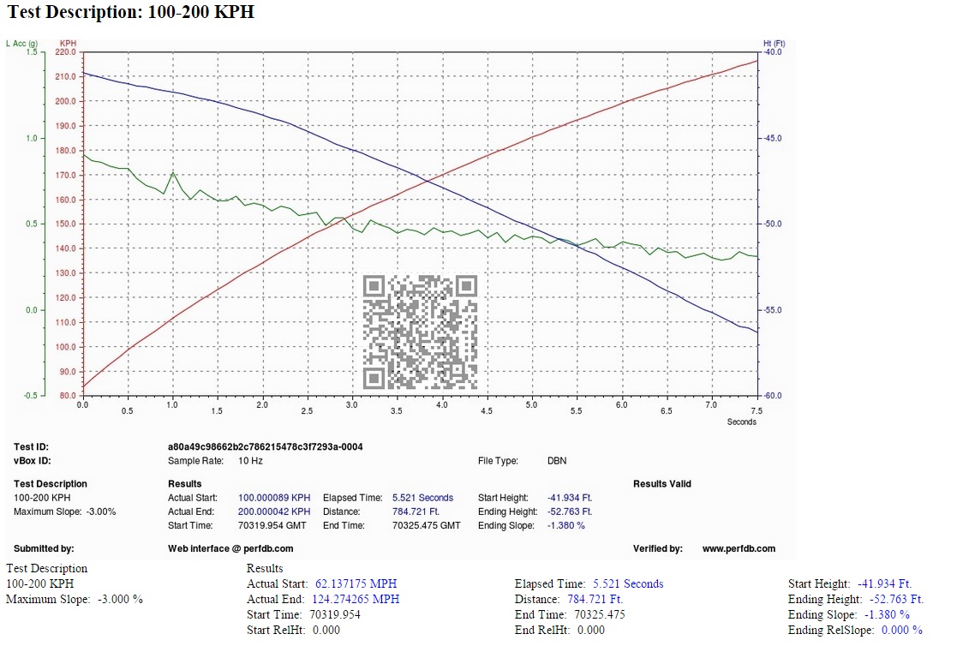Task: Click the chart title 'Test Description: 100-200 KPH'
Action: pyautogui.click(x=130, y=12)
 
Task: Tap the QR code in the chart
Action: pyautogui.click(x=420, y=332)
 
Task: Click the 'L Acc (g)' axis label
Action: pyautogui.click(x=22, y=44)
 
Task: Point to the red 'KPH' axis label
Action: pyautogui.click(x=68, y=44)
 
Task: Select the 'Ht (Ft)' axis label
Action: pyautogui.click(x=774, y=44)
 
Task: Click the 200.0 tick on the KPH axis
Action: pyautogui.click(x=66, y=101)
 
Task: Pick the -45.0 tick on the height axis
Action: pyautogui.click(x=773, y=139)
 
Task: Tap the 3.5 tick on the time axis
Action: pyautogui.click(x=397, y=411)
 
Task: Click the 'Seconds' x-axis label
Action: pyautogui.click(x=742, y=422)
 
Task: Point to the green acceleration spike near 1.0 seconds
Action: pyautogui.click(x=173, y=173)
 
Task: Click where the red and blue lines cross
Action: pyautogui.click(x=428, y=179)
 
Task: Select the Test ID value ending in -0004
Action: pyautogui.click(x=266, y=446)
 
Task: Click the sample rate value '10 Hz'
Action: pyautogui.click(x=250, y=461)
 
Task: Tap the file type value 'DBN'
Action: pyautogui.click(x=557, y=461)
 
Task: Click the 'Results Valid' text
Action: pyautogui.click(x=662, y=484)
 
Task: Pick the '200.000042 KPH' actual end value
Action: pyautogui.click(x=274, y=511)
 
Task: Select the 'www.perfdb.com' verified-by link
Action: pyautogui.click(x=739, y=548)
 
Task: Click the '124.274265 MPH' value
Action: pyautogui.click(x=356, y=600)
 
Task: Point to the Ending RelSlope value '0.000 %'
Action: pyautogui.click(x=902, y=630)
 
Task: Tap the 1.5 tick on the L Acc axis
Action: pyautogui.click(x=32, y=52)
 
